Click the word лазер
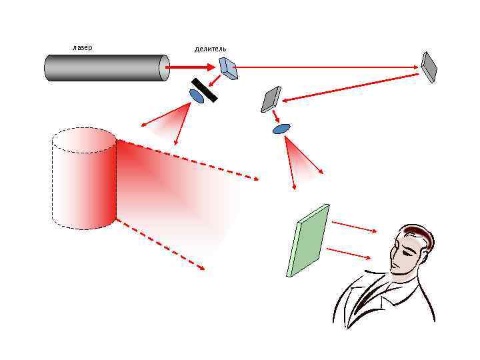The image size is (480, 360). click(82, 47)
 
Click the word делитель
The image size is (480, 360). click(210, 49)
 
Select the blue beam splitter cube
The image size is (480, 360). click(229, 67)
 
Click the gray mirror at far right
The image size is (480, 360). click(429, 67)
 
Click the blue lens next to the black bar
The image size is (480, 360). click(197, 97)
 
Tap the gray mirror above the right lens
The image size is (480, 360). click(271, 99)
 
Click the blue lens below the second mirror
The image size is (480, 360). click(281, 128)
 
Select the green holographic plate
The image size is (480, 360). click(307, 240)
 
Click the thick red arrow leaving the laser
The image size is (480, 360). click(189, 67)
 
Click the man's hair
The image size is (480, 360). click(417, 233)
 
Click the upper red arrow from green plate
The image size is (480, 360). click(354, 227)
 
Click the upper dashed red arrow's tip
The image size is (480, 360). click(257, 179)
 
